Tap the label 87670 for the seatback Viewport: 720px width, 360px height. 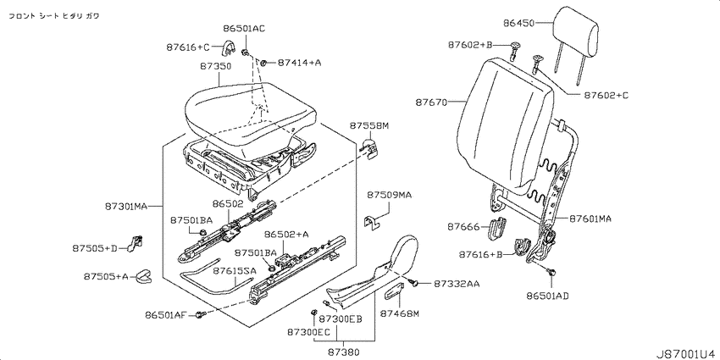click(432, 102)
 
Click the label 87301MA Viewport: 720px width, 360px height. click(126, 207)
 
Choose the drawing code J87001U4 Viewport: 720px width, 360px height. click(688, 353)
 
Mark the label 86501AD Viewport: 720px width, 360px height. click(548, 296)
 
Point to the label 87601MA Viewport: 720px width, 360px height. click(590, 219)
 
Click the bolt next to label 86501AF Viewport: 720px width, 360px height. click(199, 314)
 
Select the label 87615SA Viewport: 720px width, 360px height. click(234, 271)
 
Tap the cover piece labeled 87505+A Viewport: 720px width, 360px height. click(143, 277)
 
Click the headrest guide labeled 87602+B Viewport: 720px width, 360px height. click(515, 49)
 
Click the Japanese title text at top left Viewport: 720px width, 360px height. click(55, 15)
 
